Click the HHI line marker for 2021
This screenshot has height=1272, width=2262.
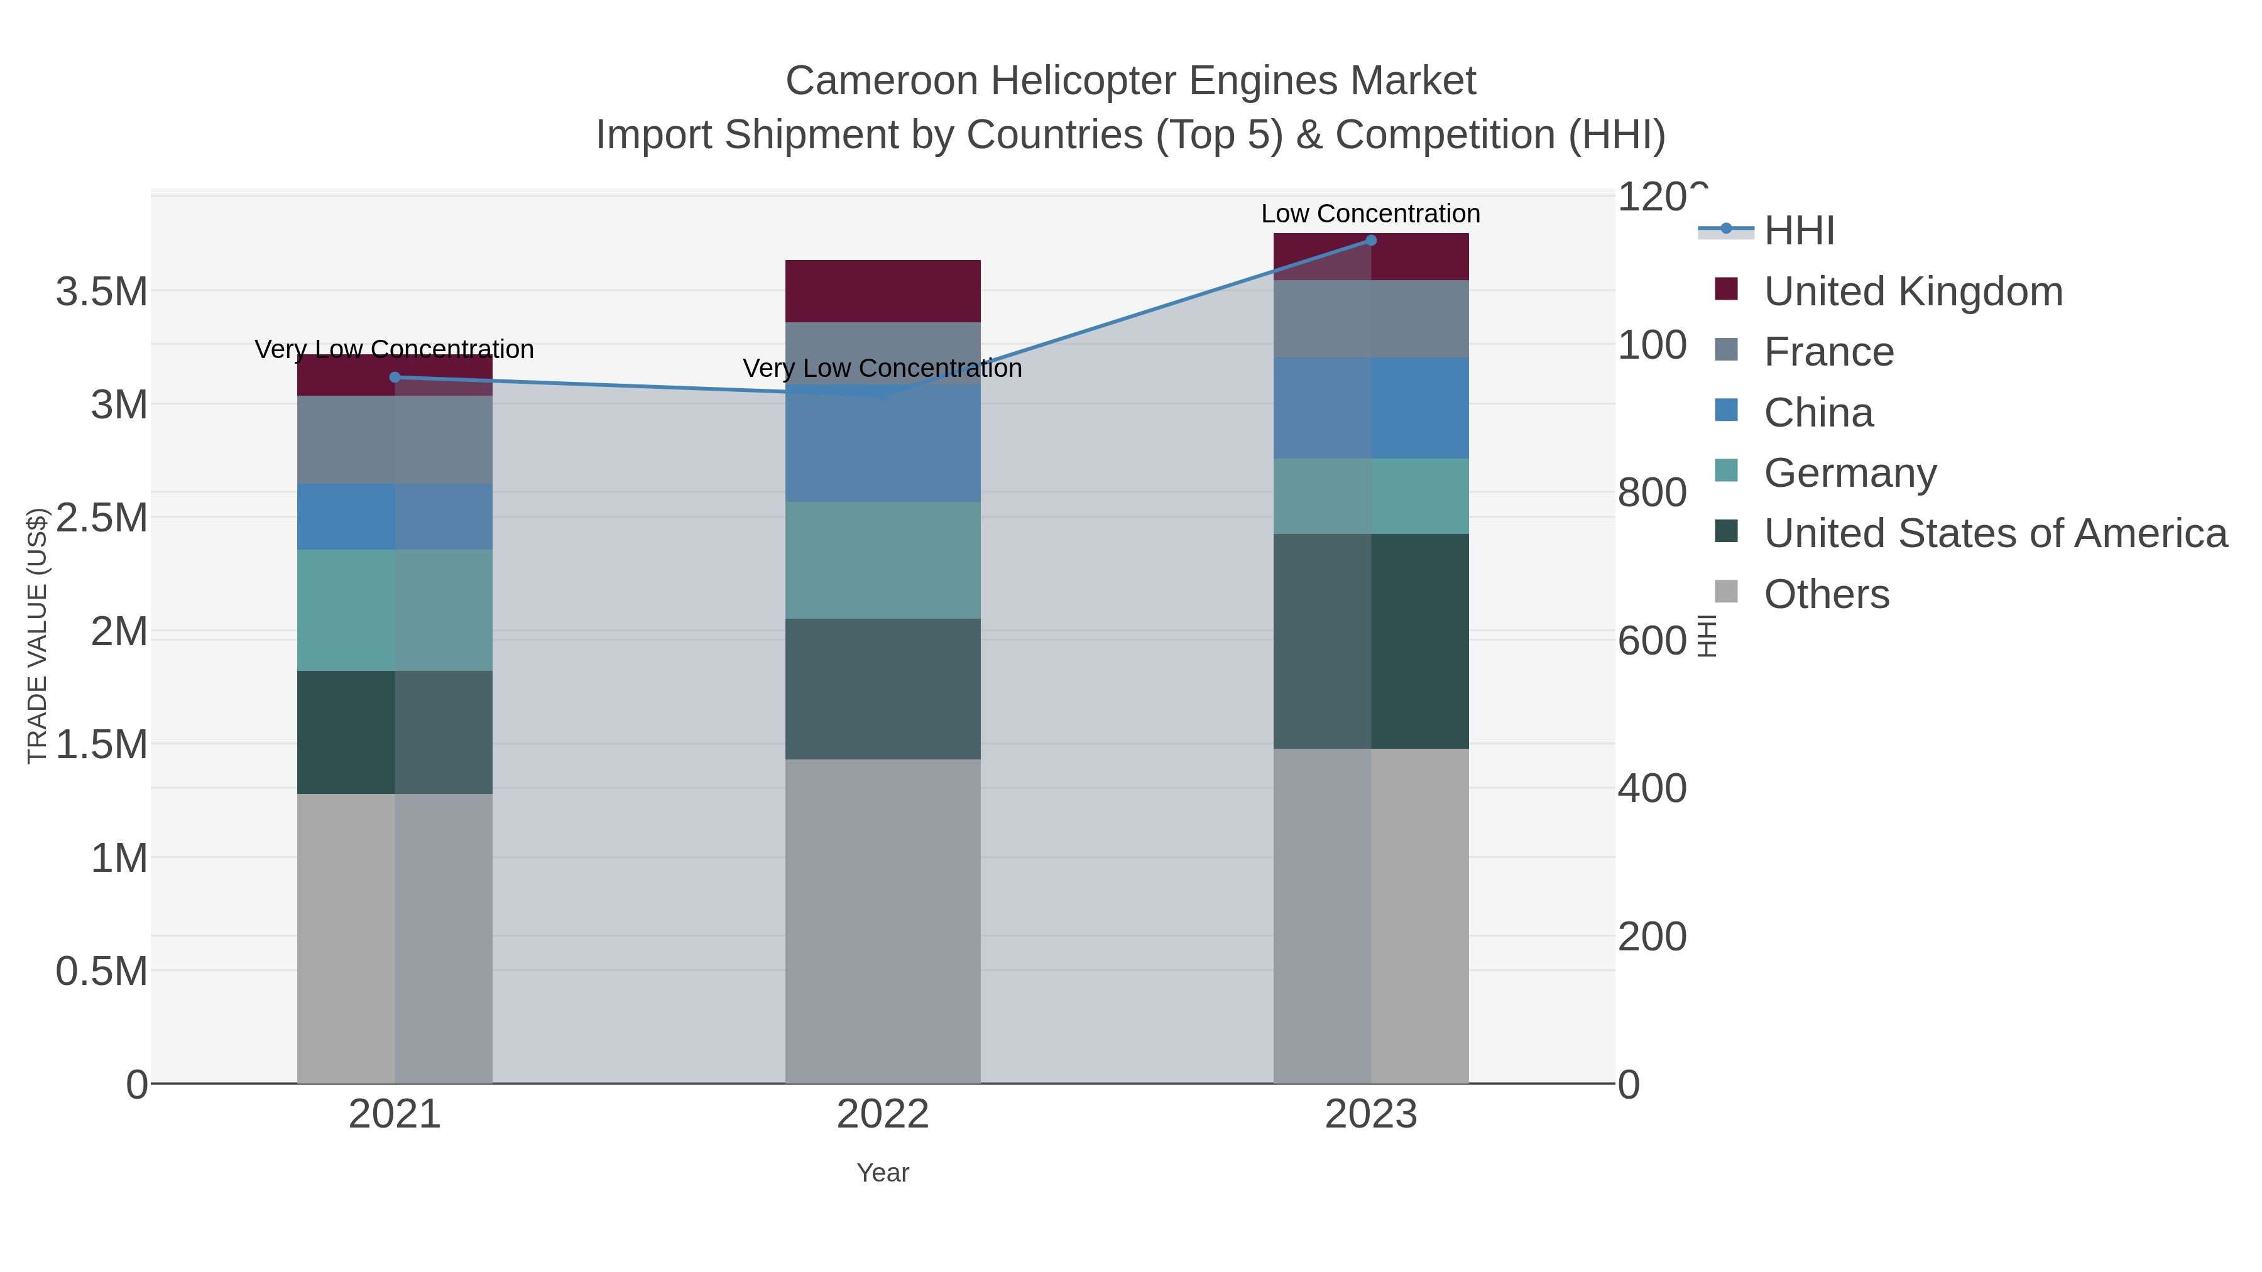[x=394, y=378]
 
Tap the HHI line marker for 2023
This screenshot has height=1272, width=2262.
[x=1371, y=241]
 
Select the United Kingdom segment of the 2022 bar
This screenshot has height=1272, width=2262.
[x=883, y=291]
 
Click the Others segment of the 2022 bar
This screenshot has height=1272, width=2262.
[x=883, y=921]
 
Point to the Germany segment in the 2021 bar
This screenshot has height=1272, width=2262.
[x=394, y=610]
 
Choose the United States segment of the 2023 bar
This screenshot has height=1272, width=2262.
[x=1371, y=641]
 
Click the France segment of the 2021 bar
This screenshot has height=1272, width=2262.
[x=394, y=439]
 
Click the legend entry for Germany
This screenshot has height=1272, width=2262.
[x=1849, y=473]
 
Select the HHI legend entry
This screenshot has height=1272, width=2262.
[x=1798, y=231]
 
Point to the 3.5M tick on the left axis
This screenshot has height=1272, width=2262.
[x=102, y=291]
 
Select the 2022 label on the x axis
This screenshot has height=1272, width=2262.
[x=883, y=1115]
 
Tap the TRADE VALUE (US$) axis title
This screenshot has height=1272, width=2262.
[x=37, y=636]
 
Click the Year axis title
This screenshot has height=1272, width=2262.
[x=883, y=1173]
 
